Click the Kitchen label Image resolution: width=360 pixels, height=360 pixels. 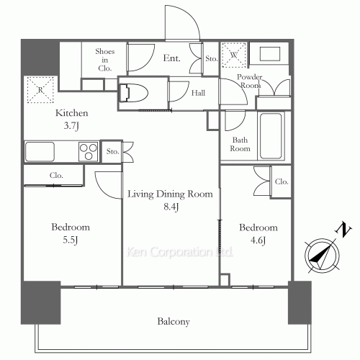click(72, 114)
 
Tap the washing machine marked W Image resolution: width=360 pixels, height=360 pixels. click(234, 54)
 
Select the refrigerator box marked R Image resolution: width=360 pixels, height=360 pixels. click(40, 89)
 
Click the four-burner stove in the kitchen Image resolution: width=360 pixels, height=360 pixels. click(89, 152)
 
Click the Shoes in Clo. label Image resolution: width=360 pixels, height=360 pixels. click(105, 60)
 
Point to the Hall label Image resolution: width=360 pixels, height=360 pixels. click(199, 92)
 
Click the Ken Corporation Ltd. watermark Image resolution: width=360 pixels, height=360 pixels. click(170, 253)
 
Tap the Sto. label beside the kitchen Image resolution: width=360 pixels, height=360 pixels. click(112, 152)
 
